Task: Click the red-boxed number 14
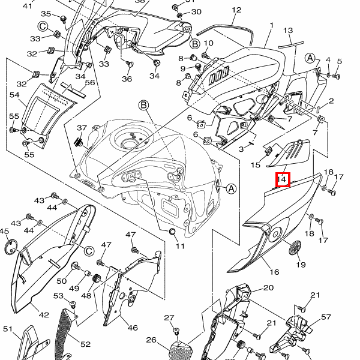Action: (x=283, y=179)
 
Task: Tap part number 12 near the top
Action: (x=236, y=10)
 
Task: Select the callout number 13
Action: (x=288, y=31)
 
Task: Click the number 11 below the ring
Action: (x=180, y=246)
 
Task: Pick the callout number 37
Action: (x=82, y=128)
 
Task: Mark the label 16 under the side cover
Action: (x=274, y=272)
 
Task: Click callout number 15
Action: (x=255, y=164)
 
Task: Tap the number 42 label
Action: (x=44, y=314)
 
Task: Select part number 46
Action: (x=132, y=328)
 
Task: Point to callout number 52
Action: (x=85, y=344)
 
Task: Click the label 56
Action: (x=90, y=83)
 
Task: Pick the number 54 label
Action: (x=14, y=95)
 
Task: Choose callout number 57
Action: (x=326, y=317)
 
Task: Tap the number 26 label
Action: (x=151, y=340)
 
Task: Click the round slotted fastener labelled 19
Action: (x=295, y=246)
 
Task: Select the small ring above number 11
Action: (x=171, y=232)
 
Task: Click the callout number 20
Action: (x=268, y=288)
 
